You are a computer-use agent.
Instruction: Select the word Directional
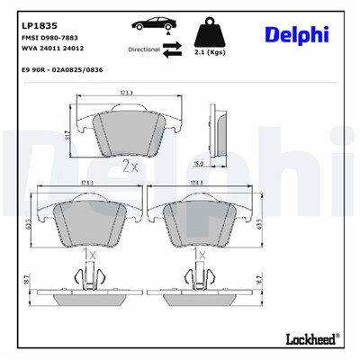[145, 52]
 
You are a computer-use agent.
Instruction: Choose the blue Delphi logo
[296, 34]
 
